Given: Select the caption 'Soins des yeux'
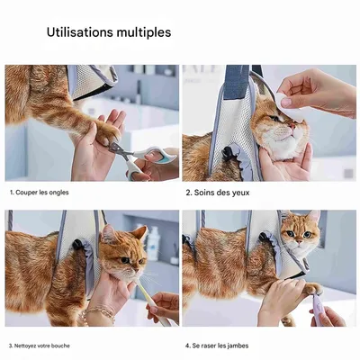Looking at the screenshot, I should [220, 192].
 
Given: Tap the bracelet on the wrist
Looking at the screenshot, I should [100, 314].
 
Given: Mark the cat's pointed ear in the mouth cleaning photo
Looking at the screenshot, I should [139, 233].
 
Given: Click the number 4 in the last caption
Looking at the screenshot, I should [188, 345].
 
